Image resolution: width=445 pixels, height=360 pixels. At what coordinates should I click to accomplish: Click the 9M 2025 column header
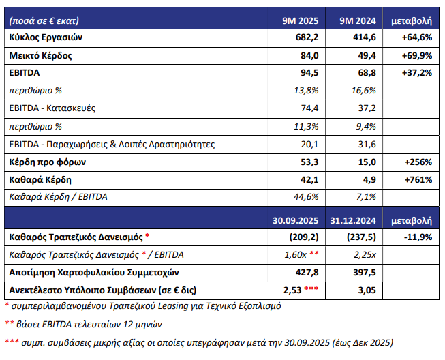[x=301, y=20]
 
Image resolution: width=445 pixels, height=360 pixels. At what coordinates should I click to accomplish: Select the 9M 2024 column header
[x=358, y=20]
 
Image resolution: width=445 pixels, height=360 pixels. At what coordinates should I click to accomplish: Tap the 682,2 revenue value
[x=307, y=37]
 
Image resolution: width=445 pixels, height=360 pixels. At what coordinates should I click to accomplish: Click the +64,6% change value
[x=417, y=37]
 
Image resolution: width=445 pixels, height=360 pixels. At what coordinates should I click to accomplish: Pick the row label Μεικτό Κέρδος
[x=40, y=55]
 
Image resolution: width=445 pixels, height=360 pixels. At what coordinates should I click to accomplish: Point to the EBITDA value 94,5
[x=309, y=73]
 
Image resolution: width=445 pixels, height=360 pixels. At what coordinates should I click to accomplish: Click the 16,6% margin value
[x=363, y=90]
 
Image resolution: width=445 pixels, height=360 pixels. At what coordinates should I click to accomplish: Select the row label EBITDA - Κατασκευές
[x=52, y=108]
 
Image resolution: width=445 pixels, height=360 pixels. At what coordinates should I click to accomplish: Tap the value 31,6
[x=367, y=145]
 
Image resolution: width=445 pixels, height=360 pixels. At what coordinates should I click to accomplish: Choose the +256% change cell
[x=418, y=162]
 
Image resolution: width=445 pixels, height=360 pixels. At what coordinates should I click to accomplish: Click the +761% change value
[x=418, y=180]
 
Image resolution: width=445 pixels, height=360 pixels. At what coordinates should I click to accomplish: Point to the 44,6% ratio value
[x=306, y=197]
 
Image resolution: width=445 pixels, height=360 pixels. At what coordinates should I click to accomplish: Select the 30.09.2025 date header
[x=296, y=221]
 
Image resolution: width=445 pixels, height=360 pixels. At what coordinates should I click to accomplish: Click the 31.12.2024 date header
[x=353, y=221]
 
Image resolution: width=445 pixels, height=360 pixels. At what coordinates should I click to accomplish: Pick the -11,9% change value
[x=418, y=237]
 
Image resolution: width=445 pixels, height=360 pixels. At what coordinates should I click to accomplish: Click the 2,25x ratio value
[x=365, y=255]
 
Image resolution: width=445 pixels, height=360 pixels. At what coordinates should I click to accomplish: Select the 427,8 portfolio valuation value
[x=307, y=273]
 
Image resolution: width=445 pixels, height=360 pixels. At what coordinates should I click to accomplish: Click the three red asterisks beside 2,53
[x=311, y=288]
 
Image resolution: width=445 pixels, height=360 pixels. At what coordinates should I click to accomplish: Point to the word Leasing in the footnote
[x=173, y=306]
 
